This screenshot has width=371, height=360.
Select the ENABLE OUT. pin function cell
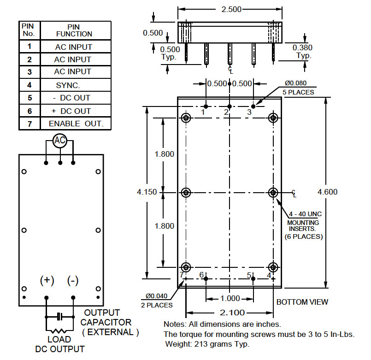[76, 124]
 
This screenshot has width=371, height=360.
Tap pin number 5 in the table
[29, 98]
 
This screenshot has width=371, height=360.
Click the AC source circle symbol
[59, 141]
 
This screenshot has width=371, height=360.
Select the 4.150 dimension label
[147, 192]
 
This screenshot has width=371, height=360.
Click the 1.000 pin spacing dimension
[230, 298]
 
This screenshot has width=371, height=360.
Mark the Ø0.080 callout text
[295, 83]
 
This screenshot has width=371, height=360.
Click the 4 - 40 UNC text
[305, 214]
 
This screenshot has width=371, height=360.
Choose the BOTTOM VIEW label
[302, 302]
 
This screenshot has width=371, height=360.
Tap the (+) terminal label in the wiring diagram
[47, 281]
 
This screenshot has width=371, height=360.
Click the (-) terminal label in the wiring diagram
[73, 281]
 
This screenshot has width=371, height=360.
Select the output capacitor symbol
[59, 317]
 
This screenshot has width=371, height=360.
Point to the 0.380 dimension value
[303, 47]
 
